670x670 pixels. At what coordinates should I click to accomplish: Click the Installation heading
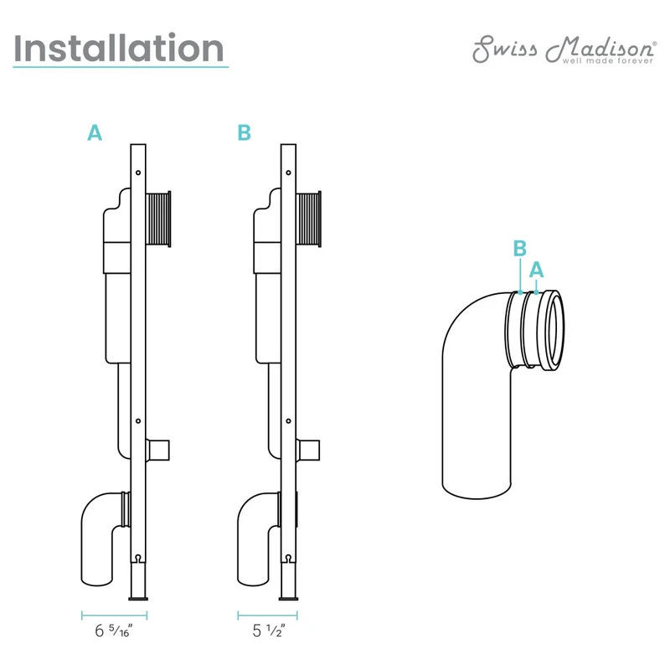[x=120, y=49]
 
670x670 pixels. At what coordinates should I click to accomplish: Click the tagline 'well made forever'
[x=595, y=60]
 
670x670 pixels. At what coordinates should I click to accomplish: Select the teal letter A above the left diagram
[x=95, y=132]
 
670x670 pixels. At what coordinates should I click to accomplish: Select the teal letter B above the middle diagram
[x=244, y=132]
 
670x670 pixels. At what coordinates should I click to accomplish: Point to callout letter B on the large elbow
[x=519, y=249]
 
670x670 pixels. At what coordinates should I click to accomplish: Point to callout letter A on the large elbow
[x=537, y=269]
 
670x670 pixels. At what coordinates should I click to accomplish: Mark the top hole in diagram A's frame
[x=139, y=173]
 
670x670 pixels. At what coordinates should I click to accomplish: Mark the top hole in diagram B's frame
[x=288, y=173]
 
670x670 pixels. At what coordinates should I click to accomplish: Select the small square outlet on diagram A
[x=158, y=449]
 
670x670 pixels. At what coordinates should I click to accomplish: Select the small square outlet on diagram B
[x=309, y=449]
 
